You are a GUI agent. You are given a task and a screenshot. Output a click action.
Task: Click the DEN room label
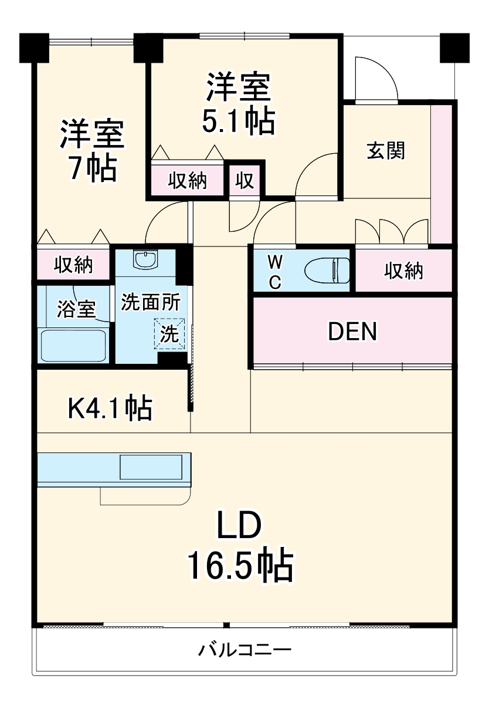tap(352, 332)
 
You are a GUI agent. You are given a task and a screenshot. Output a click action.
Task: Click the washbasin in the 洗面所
tap(144, 259)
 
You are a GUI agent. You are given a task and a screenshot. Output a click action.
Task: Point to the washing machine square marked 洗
tap(169, 335)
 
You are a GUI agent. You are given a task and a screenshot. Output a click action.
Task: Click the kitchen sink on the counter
tap(152, 468)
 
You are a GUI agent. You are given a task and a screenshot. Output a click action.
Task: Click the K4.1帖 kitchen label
tap(110, 407)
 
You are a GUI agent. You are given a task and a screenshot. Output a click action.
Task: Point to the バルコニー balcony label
tap(244, 650)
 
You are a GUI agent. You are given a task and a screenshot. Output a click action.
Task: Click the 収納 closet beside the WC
tap(403, 271)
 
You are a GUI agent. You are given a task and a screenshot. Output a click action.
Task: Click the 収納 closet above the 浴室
tap(74, 265)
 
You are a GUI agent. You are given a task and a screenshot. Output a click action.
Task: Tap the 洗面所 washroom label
tap(151, 303)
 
